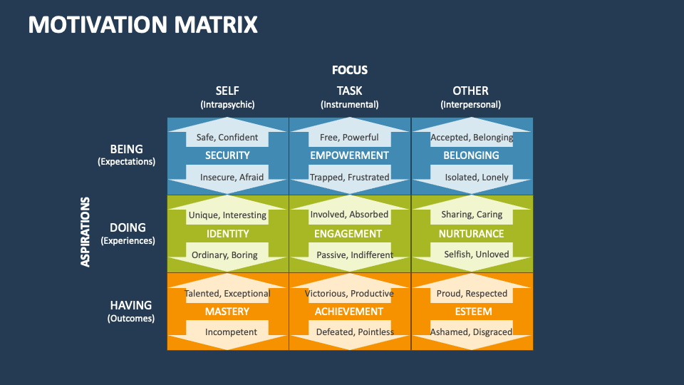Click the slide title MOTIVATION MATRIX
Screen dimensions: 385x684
pos(142,25)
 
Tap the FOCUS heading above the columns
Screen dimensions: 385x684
pos(349,70)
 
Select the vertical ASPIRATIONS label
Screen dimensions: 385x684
pos(85,232)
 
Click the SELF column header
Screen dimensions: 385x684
pos(227,91)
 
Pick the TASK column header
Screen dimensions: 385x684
pos(349,91)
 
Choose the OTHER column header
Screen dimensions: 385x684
pos(470,91)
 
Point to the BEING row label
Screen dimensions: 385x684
pos(126,149)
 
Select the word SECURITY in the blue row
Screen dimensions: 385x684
pos(227,155)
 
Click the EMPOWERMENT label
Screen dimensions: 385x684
pos(349,155)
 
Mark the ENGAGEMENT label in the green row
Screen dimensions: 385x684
pos(349,234)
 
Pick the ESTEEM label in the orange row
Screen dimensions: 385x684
pos(472,312)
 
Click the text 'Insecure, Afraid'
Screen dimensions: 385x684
pos(232,177)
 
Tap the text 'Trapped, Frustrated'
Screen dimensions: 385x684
pos(349,177)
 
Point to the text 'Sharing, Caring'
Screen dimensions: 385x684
pos(472,215)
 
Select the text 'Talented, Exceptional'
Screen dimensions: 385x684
pos(227,293)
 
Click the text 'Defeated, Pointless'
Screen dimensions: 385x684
pos(355,332)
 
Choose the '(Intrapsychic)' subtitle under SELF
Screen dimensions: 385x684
pos(227,104)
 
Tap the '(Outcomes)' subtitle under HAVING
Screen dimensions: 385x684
pos(130,319)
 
